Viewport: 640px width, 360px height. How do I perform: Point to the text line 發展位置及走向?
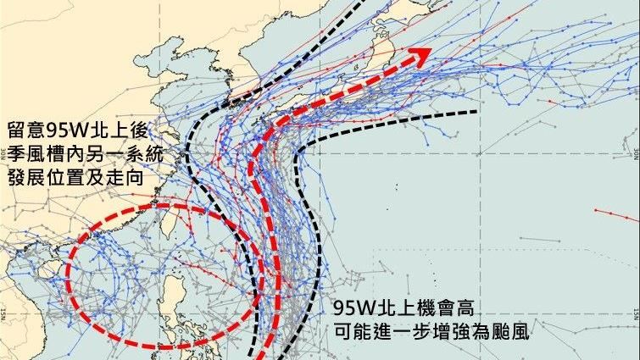(75, 181)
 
